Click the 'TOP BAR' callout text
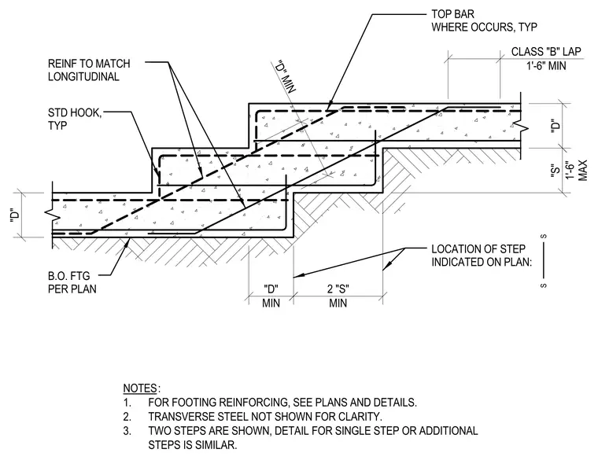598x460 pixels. [x=452, y=14]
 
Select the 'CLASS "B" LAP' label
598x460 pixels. [x=546, y=51]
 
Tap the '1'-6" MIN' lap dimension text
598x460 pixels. [x=546, y=66]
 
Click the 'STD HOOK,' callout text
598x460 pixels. [x=75, y=112]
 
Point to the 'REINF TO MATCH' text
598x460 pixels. [x=89, y=63]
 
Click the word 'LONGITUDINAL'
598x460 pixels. [x=83, y=76]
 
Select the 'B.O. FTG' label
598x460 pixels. [x=69, y=275]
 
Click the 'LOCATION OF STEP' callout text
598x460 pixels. [x=478, y=248]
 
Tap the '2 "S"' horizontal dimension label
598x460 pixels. [x=338, y=289]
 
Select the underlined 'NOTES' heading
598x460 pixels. [x=140, y=388]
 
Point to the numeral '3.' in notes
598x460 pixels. [x=127, y=431]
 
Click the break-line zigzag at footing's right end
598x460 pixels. [x=521, y=125]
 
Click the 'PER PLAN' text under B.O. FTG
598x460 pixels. [x=72, y=289]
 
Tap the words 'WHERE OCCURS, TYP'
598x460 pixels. [x=485, y=28]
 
